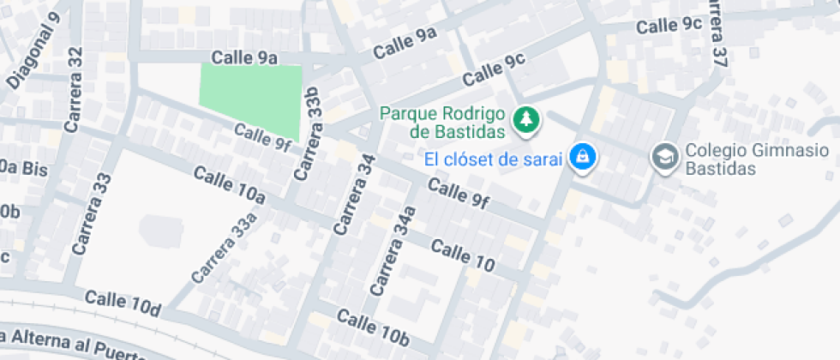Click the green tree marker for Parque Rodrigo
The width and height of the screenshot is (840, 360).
[526, 122]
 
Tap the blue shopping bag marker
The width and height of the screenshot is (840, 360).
[583, 158]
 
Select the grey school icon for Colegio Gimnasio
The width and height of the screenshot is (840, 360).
[663, 158]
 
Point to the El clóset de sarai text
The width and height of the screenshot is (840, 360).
[493, 159]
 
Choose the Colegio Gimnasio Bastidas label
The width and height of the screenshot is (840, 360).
[734, 159]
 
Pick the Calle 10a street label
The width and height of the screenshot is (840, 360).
[229, 185]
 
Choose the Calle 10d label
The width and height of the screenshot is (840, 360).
[123, 302]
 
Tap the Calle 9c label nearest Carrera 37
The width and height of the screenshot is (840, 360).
[669, 26]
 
